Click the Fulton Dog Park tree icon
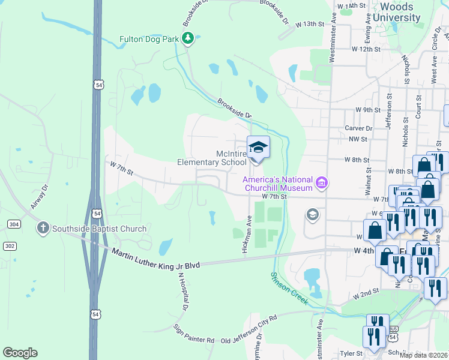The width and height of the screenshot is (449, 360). pyautogui.click(x=188, y=39)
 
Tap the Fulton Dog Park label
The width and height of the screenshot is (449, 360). pyautogui.click(x=149, y=39)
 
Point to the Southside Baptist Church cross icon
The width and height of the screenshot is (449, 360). pyautogui.click(x=43, y=228)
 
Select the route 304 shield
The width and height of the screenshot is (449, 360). pyautogui.click(x=14, y=224)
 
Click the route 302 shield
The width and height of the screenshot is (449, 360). pyautogui.click(x=10, y=246)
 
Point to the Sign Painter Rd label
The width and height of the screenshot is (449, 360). pyautogui.click(x=194, y=334)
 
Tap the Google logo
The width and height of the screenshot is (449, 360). pyautogui.click(x=20, y=353)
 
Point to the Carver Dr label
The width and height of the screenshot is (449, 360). pyautogui.click(x=358, y=128)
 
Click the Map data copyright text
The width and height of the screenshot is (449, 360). pyautogui.click(x=423, y=355)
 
